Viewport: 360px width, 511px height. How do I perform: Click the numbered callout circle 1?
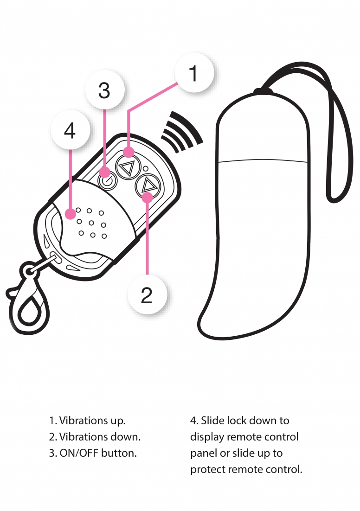[194, 73]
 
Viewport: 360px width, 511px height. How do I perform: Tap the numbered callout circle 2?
[147, 294]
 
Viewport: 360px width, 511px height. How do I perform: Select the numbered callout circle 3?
[105, 89]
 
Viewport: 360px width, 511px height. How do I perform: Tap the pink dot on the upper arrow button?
[129, 152]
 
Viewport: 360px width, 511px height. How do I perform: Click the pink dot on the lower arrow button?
[148, 198]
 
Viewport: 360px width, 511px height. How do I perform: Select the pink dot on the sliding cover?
[71, 214]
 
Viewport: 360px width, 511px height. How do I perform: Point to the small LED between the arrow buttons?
[145, 169]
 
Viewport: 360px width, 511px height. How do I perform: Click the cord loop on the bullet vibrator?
[339, 130]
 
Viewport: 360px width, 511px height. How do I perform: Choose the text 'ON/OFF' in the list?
[79, 453]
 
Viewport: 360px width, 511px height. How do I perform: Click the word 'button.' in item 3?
[119, 453]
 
